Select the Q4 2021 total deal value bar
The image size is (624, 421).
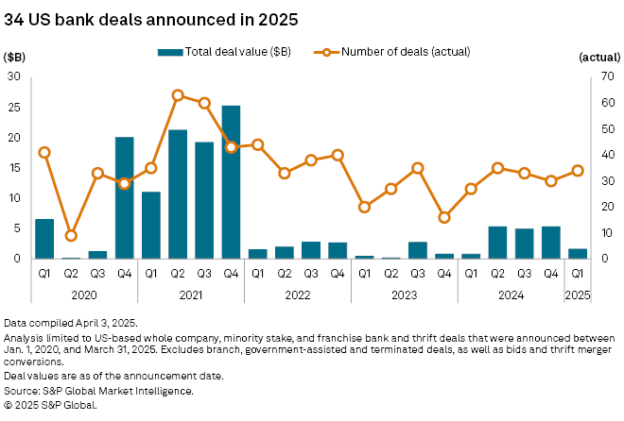(231, 182)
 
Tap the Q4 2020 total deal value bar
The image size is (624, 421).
(124, 197)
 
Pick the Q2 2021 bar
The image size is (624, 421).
(177, 194)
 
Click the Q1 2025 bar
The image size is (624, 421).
(577, 253)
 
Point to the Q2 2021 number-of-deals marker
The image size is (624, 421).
(177, 95)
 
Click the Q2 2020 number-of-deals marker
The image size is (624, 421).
(71, 235)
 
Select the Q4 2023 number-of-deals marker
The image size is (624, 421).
(443, 217)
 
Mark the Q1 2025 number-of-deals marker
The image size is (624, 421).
(577, 171)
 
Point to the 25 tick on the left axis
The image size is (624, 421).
(14, 108)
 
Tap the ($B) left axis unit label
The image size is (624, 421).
(17, 59)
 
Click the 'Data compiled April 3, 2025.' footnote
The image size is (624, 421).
(75, 323)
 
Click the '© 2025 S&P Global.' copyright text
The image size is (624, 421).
(56, 404)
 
